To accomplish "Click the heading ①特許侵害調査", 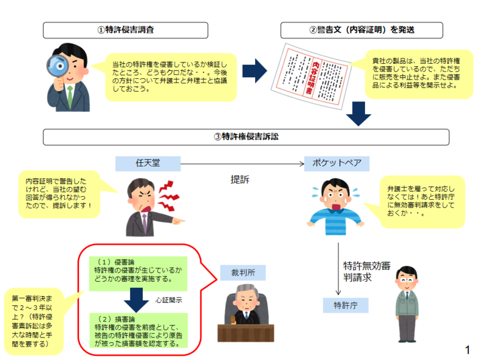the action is (126, 30).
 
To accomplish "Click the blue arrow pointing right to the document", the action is (254, 69).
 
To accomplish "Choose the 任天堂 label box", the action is (148, 163).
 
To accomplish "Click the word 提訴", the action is (240, 180).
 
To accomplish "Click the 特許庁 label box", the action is (345, 304).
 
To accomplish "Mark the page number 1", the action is (467, 349).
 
